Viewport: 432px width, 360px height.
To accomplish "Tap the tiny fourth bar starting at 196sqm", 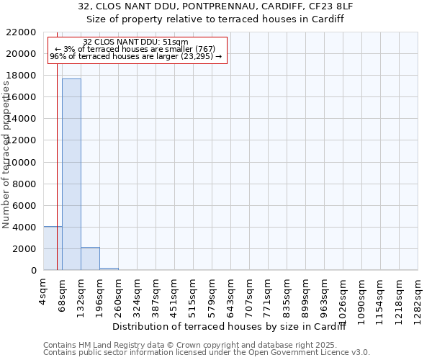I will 109,269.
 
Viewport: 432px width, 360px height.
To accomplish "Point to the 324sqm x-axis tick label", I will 137,293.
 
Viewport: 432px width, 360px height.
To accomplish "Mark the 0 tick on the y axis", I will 33,271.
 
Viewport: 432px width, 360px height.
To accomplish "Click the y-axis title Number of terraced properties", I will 6,154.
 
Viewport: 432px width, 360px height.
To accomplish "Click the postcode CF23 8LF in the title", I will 330,6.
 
